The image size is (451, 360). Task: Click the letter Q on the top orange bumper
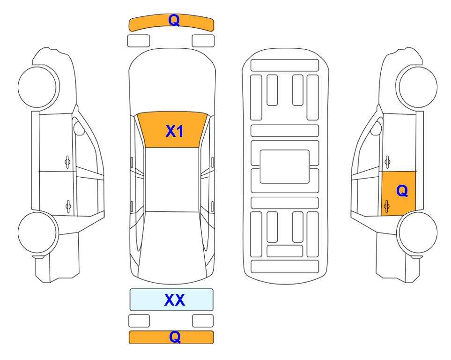point(174,21)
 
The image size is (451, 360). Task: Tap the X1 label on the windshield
point(175,131)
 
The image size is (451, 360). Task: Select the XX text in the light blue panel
point(174,300)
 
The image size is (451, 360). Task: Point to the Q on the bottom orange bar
point(175,337)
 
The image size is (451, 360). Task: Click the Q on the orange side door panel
point(402,191)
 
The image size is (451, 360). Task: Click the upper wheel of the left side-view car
point(38,87)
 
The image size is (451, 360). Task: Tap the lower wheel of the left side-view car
point(38,232)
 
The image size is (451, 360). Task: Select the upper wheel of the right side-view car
point(416,87)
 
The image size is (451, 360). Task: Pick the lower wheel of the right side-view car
point(417,232)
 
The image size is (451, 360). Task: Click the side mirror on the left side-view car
point(79,128)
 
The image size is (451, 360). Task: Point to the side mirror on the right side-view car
point(376,128)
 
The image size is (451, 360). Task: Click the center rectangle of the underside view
point(284,166)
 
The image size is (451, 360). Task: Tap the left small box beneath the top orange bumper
point(138,41)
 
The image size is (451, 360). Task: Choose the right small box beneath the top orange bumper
point(203,41)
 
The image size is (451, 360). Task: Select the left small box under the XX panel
point(139,321)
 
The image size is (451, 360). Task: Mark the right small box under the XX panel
point(203,321)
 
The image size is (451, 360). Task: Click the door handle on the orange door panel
point(386,207)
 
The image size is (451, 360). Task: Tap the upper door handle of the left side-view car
point(67,162)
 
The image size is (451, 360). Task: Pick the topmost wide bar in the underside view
point(285,65)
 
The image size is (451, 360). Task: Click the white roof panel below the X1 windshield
point(172,180)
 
